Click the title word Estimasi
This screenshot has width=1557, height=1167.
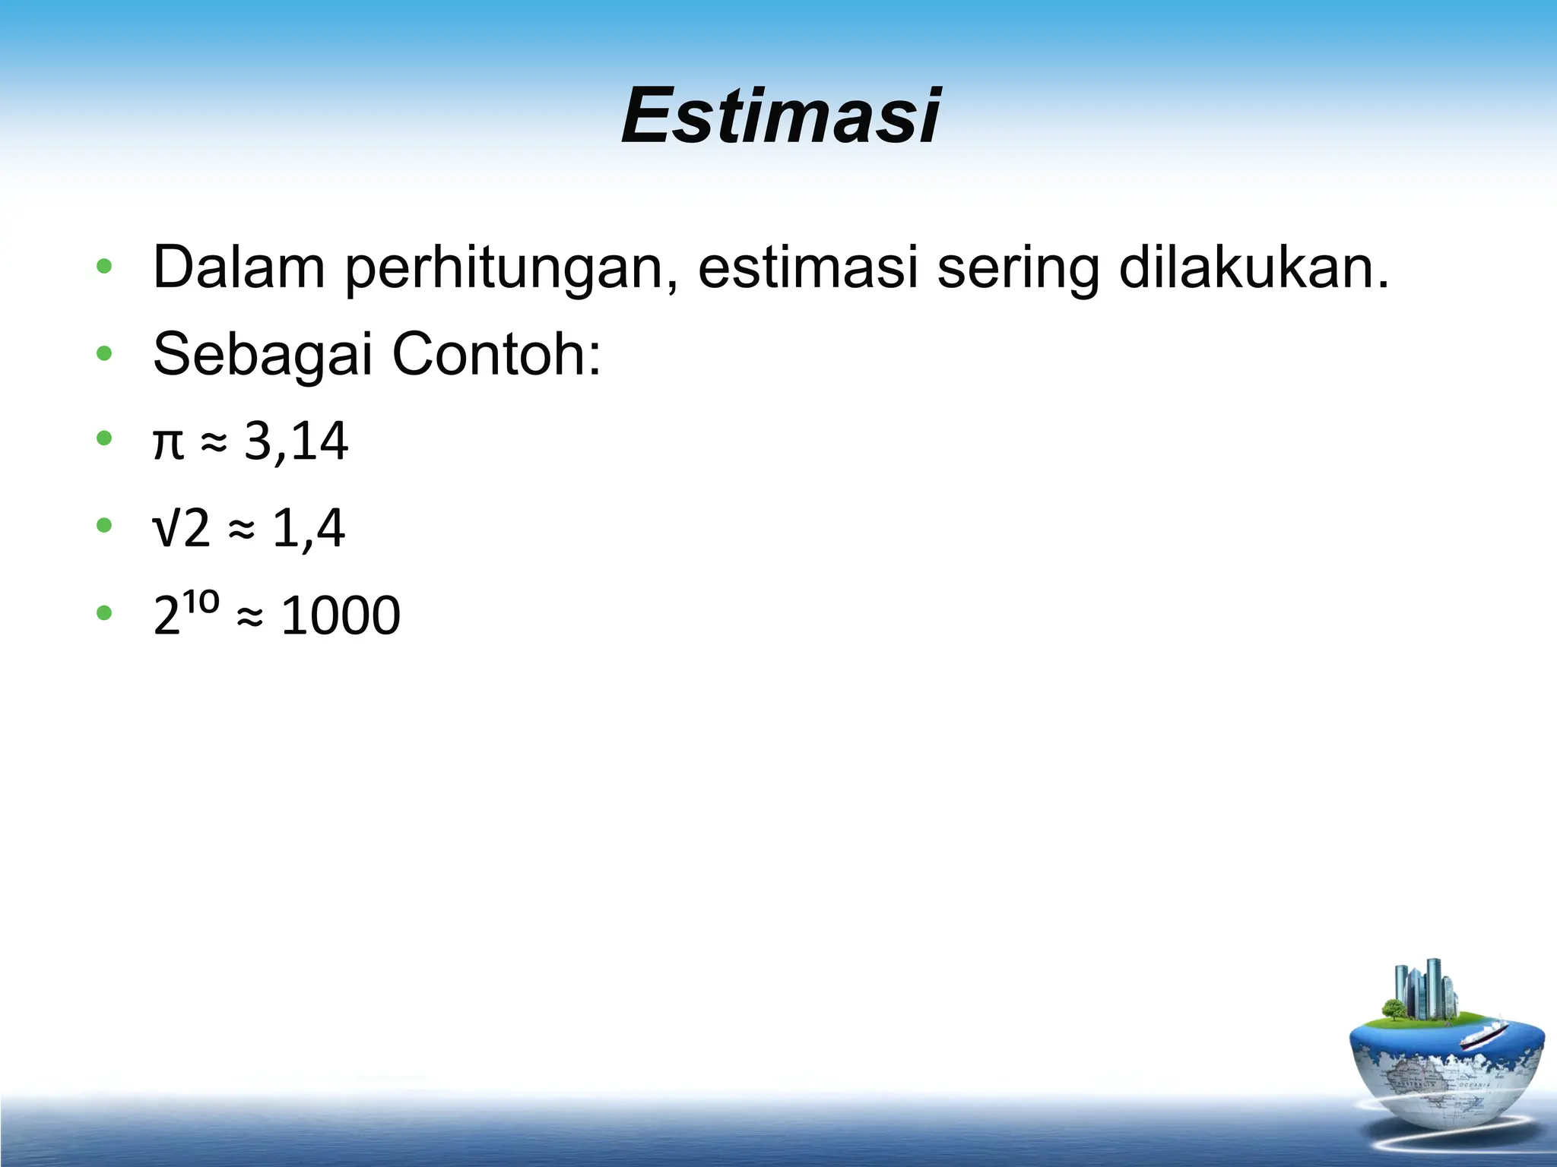pyautogui.click(x=781, y=115)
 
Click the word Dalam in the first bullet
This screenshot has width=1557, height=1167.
pyautogui.click(x=239, y=267)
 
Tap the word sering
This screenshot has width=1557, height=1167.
pyautogui.click(x=1017, y=269)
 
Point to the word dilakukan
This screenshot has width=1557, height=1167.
pyautogui.click(x=1253, y=267)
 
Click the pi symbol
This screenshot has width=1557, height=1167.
pyautogui.click(x=168, y=442)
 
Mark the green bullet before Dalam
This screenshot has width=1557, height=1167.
pyautogui.click(x=105, y=267)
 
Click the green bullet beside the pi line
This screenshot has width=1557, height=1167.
pyautogui.click(x=105, y=438)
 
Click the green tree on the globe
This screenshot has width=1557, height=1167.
pyautogui.click(x=1394, y=1009)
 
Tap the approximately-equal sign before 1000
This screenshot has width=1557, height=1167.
pyautogui.click(x=249, y=617)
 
